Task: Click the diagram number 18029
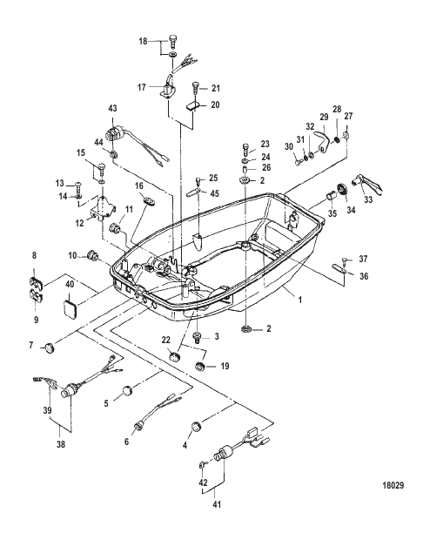click(x=393, y=485)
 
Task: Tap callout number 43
click(x=112, y=109)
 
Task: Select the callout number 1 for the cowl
click(x=300, y=300)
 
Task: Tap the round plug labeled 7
click(x=50, y=347)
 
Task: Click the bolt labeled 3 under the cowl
click(x=197, y=338)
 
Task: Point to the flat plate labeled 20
click(x=192, y=106)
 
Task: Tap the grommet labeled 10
click(x=91, y=254)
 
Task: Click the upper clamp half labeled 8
click(x=34, y=282)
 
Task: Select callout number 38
click(x=60, y=444)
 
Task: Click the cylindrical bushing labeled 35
click(x=331, y=196)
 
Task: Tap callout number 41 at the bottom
click(x=217, y=504)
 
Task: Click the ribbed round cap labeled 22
click(x=175, y=357)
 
